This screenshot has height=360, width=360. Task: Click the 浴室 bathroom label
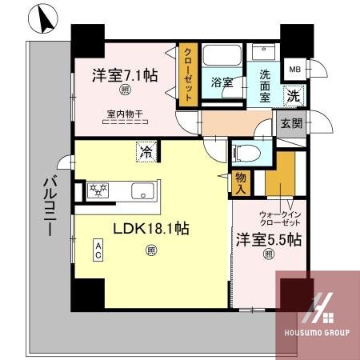pos(222,82)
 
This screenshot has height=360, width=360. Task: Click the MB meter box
pos(295,69)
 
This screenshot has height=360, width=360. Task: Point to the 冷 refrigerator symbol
pos(147,150)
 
